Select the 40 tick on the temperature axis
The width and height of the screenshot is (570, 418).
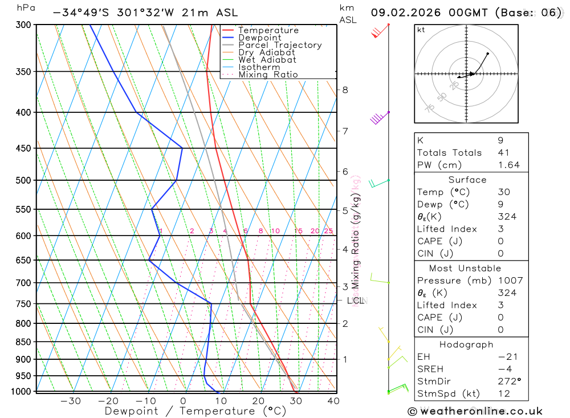coord(333,401)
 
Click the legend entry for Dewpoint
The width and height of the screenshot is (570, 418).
coord(259,38)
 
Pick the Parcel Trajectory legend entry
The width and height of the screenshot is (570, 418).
coord(279,45)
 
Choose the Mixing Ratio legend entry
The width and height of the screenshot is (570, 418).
coord(268,75)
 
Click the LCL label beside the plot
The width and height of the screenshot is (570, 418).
coord(355,301)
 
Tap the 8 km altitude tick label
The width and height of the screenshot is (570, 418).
coord(345,90)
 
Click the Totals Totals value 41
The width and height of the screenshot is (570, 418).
coord(503,152)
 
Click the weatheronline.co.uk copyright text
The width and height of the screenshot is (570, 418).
coord(475,411)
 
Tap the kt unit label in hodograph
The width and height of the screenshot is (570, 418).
coord(421,30)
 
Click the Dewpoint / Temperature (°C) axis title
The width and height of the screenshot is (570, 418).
coord(195,411)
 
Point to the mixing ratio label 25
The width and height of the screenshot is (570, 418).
coord(328,231)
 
